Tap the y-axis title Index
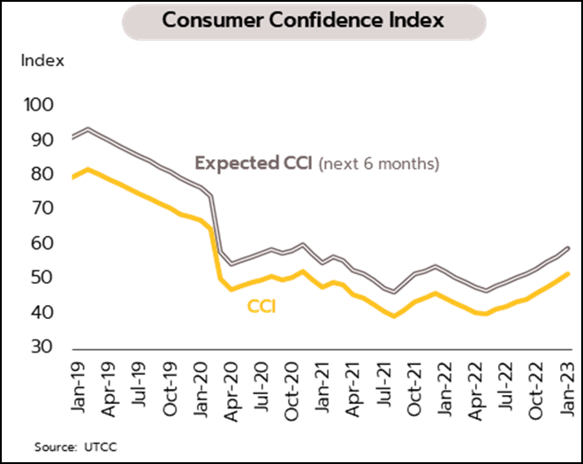point(42,61)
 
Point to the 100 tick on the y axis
point(42,105)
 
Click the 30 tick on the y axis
point(44,347)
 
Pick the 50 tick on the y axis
point(44,278)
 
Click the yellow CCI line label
point(261,308)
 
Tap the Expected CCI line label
point(253,164)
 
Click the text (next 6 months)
point(378,164)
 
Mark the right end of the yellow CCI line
point(568,274)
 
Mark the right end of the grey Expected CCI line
point(568,248)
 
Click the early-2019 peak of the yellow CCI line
point(87,169)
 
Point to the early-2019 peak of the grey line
point(87,129)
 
